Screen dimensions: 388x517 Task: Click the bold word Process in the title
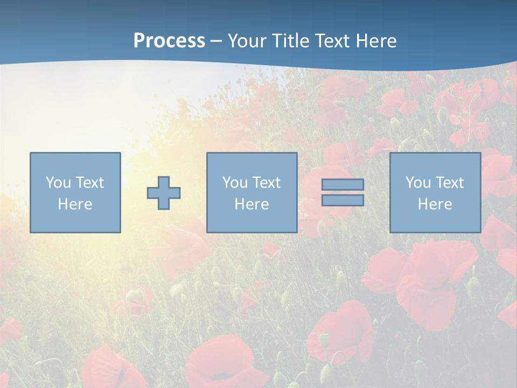[x=169, y=41]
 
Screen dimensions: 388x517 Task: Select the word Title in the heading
[x=291, y=41]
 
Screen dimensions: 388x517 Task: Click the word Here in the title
[x=377, y=41]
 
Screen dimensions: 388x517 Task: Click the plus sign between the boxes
[x=164, y=193]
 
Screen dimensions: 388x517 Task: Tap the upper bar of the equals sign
[x=343, y=184]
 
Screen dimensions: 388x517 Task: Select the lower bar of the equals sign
[x=343, y=200]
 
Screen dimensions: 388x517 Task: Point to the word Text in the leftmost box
[x=89, y=183]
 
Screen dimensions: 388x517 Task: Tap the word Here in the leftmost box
[x=75, y=204]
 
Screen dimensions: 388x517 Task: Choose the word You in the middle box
[x=235, y=183]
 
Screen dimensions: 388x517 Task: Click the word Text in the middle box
[x=266, y=183]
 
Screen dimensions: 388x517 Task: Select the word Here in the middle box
[x=251, y=204]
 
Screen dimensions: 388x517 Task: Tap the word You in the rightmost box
[x=418, y=183]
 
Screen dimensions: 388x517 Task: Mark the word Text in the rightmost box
[x=449, y=183]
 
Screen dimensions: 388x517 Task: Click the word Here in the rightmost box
[x=435, y=204]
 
